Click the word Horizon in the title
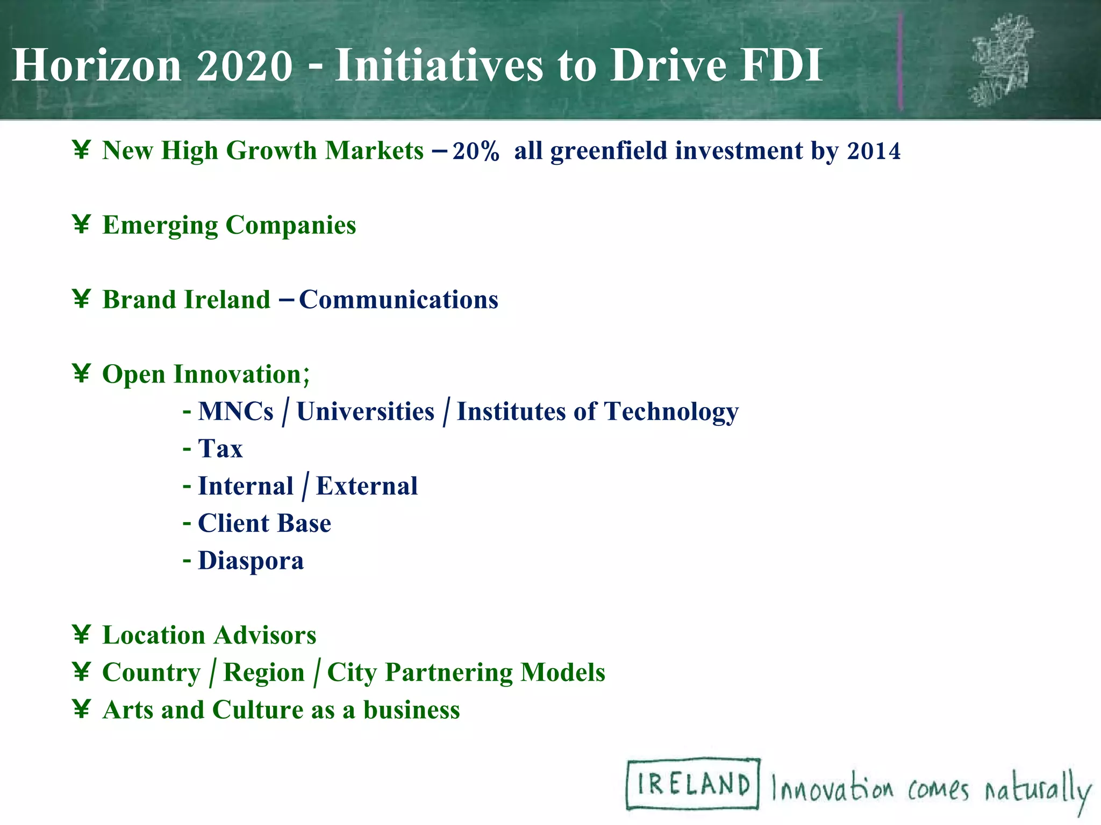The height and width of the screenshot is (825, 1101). point(97,66)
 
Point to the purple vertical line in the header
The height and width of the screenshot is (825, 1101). point(900,62)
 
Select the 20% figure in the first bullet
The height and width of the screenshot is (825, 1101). point(476,151)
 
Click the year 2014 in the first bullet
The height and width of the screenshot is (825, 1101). point(874,151)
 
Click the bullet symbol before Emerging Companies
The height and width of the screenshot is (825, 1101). point(81,224)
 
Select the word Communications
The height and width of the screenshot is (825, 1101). point(398,300)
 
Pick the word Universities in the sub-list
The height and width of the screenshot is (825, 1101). point(365,412)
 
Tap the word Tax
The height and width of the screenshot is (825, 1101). point(220,448)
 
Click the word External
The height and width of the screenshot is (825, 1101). point(367,486)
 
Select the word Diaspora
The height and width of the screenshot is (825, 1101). point(251,561)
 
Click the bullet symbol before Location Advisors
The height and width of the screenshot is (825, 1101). point(81,634)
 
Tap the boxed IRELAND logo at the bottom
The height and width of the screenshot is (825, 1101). point(693,784)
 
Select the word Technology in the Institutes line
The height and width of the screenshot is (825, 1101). point(671,412)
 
